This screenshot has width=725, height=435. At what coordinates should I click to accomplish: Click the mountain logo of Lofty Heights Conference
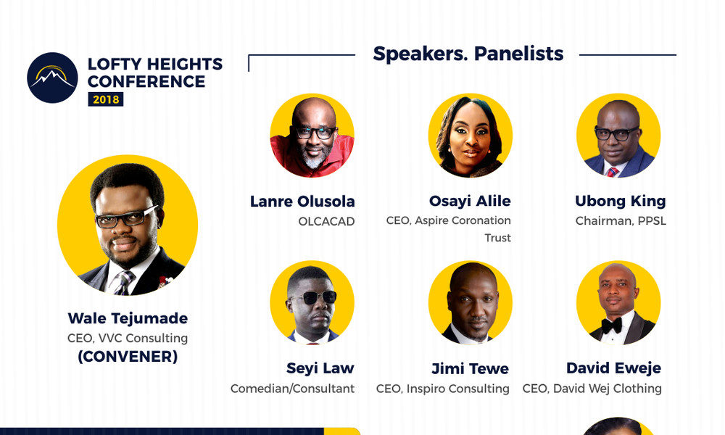coord(52,78)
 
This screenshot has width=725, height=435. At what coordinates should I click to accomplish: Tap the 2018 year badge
coord(105,99)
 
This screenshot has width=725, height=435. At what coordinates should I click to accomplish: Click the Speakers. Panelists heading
coord(468,54)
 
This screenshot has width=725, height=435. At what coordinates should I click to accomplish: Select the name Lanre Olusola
coord(302,202)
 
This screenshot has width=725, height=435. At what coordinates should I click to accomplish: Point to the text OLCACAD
coord(326,221)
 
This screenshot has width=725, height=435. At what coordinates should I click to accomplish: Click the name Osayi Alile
coord(470,202)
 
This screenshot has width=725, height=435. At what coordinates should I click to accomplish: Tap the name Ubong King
coord(620,201)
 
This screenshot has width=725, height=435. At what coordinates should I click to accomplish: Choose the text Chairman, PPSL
coord(620,220)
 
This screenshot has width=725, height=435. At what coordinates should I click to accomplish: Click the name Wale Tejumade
coord(128,318)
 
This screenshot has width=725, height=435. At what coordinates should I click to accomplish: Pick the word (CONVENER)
coord(128,357)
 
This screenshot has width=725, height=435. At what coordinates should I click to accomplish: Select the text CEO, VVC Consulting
coord(128,338)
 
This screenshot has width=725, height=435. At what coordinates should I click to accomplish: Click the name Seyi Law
coord(320,368)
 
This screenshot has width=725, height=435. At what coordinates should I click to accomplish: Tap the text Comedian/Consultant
coord(292,389)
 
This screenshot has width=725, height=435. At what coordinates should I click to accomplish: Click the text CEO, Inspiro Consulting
coord(442,389)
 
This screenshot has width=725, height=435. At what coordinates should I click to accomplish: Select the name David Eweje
coord(613,368)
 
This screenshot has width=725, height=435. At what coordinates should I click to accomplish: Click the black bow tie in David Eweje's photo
coord(612,326)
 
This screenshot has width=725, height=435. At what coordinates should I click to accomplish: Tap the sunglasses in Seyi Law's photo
coord(312,297)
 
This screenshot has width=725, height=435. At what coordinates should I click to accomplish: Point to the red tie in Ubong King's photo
coord(613,172)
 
